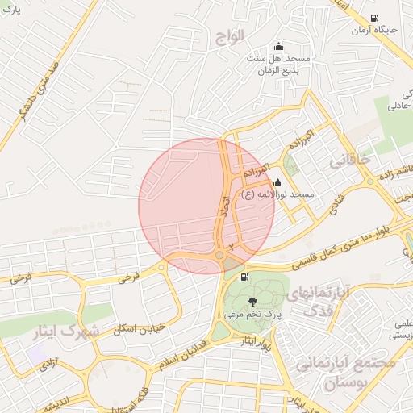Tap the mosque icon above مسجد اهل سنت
click(x=279, y=46)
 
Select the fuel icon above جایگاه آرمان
click(x=373, y=18)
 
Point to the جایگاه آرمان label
click(x=373, y=31)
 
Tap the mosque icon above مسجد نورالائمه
click(x=279, y=182)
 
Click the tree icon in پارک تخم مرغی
click(x=243, y=301)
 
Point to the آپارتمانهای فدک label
click(x=344, y=301)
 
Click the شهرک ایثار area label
click(x=68, y=331)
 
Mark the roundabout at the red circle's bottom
click(x=220, y=256)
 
